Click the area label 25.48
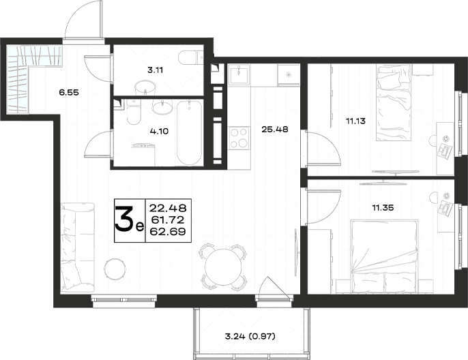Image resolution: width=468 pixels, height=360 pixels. click(x=274, y=130)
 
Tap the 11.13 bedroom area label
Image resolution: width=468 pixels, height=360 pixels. click(x=356, y=121)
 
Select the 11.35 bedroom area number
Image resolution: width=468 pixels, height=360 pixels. click(x=383, y=207)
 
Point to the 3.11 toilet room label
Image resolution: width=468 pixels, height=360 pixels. click(x=156, y=70)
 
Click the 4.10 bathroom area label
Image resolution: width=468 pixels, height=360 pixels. click(x=160, y=131)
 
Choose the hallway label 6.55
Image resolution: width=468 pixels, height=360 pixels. click(x=69, y=93)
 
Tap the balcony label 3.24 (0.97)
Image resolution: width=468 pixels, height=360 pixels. click(x=250, y=337)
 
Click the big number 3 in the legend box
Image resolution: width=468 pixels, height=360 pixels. click(x=124, y=220)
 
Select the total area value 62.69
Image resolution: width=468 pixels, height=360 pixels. click(x=168, y=231)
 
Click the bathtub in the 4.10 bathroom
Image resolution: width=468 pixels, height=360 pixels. click(x=190, y=132)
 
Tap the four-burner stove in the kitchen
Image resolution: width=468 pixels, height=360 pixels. click(x=239, y=138)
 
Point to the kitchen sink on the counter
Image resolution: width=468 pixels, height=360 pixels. click(x=239, y=74)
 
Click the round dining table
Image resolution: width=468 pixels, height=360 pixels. click(x=222, y=267)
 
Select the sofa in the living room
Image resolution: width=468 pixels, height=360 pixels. click(x=77, y=246)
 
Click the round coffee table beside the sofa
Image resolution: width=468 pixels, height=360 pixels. click(x=115, y=269)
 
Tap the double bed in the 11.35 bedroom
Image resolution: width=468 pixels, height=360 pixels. click(x=385, y=256)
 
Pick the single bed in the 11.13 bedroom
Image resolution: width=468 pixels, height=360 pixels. click(x=394, y=103)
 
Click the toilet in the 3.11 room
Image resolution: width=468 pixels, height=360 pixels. click(x=191, y=57)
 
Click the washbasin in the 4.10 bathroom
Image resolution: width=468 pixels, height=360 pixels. click(x=162, y=106)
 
